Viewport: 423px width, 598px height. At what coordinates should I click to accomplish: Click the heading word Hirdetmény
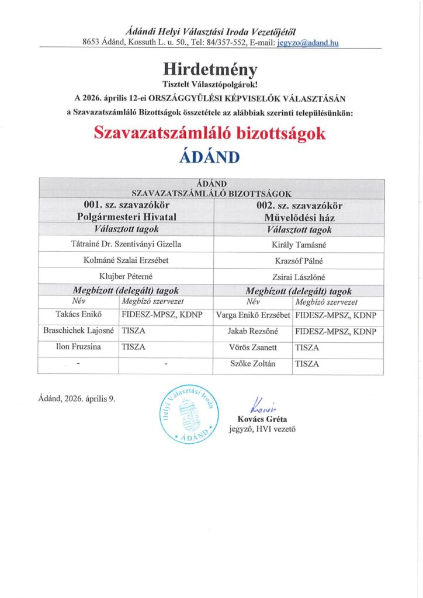[211, 70]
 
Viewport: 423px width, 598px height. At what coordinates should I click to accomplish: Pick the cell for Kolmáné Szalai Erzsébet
[127, 260]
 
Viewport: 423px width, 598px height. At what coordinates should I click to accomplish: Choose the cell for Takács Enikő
[78, 315]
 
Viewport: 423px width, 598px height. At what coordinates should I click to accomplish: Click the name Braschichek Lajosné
[78, 331]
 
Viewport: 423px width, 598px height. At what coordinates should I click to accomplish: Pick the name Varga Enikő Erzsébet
[253, 315]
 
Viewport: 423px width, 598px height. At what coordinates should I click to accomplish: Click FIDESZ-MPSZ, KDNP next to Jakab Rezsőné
[336, 331]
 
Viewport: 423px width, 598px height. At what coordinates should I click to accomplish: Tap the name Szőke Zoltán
[253, 363]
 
